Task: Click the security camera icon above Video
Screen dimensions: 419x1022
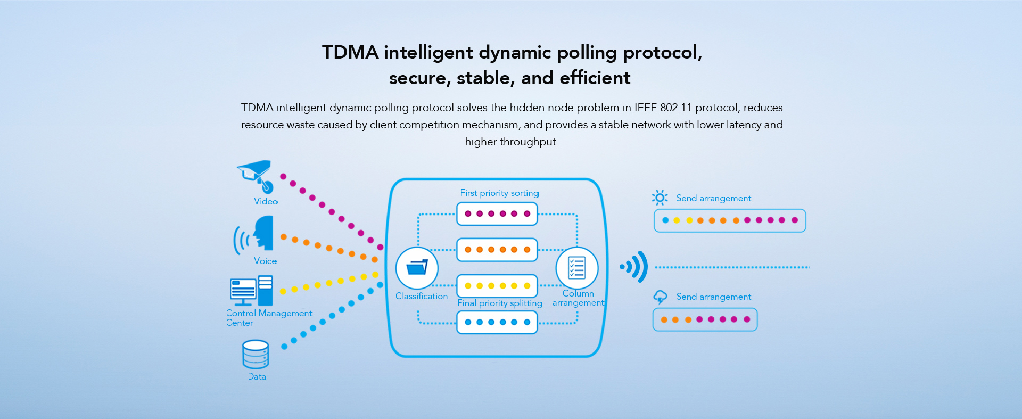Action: point(256,176)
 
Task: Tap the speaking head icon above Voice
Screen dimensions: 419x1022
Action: point(262,234)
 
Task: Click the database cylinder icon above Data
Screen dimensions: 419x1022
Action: point(256,355)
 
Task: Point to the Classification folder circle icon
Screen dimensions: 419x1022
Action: point(417,268)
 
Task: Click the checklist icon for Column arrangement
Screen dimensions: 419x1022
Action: point(577,268)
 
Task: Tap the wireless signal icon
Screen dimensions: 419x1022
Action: point(634,267)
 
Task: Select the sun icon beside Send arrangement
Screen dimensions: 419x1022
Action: point(660,198)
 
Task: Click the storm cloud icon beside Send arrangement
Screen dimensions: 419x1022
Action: point(660,297)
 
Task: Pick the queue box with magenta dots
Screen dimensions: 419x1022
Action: point(497,214)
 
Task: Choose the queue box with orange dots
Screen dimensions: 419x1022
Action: point(497,250)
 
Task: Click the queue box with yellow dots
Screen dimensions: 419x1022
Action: point(497,286)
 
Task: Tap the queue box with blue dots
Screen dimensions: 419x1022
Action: point(497,322)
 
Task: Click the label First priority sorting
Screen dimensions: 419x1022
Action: point(500,193)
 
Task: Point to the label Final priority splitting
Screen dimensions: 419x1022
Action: point(500,303)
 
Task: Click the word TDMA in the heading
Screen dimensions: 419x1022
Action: point(350,52)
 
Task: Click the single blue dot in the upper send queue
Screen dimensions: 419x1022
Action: point(665,220)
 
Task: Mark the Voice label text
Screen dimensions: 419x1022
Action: point(265,261)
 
